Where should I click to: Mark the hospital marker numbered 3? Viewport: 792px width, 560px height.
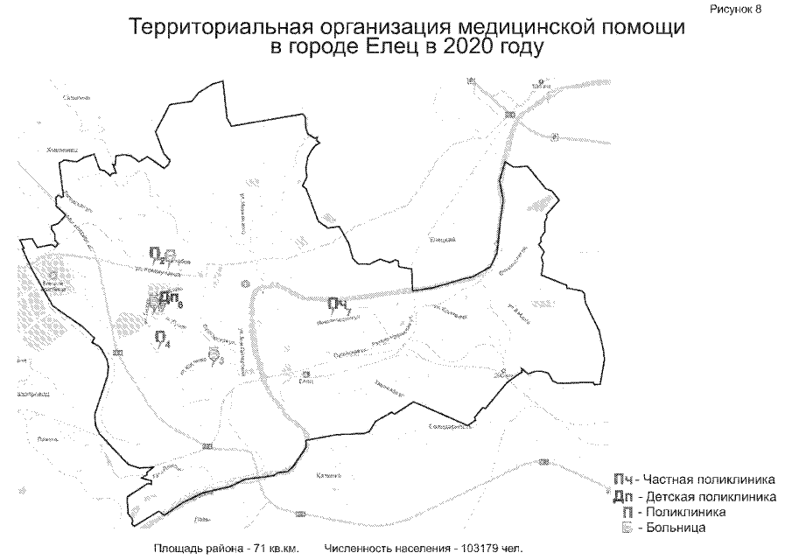(x=214, y=354)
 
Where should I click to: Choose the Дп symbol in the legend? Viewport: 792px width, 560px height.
(x=622, y=496)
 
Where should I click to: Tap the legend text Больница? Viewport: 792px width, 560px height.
(x=675, y=528)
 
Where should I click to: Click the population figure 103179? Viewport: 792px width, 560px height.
(x=473, y=549)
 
